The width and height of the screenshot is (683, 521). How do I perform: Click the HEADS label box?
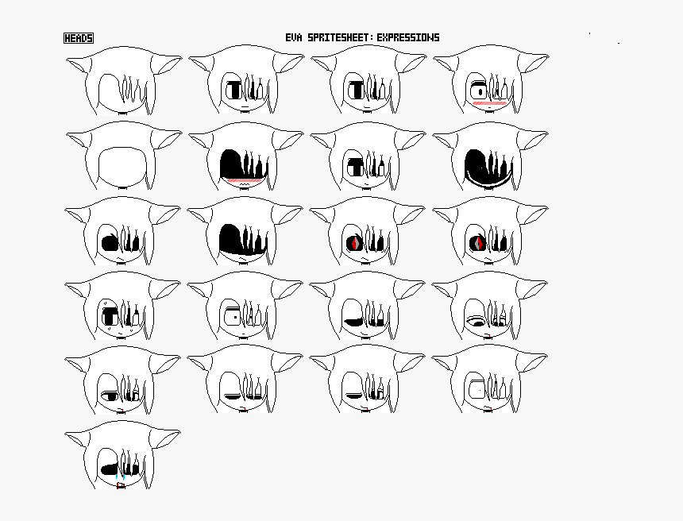click(79, 38)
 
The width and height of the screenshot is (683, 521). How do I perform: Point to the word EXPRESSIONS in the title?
click(408, 37)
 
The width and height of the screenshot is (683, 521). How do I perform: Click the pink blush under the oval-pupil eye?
click(489, 103)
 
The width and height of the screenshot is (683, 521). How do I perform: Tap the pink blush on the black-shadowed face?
click(245, 181)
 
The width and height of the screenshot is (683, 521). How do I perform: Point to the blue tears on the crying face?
click(118, 477)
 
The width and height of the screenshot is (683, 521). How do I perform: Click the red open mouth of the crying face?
click(121, 486)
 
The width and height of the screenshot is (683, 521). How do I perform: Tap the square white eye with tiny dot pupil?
click(234, 316)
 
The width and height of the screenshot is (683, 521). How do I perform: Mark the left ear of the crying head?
click(79, 439)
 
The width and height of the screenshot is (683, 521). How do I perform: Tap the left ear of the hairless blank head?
click(79, 140)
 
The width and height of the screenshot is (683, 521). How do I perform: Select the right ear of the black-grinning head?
click(533, 138)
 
